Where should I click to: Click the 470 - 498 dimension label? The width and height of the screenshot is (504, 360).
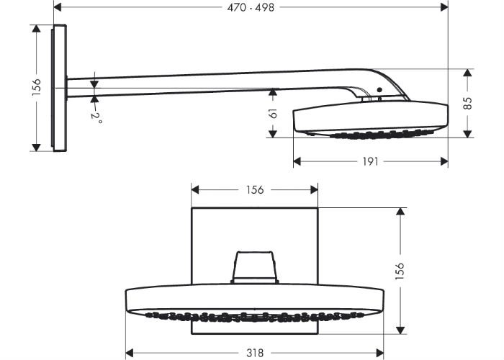pyautogui.click(x=251, y=7)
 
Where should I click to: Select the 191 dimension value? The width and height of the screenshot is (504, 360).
pyautogui.click(x=370, y=161)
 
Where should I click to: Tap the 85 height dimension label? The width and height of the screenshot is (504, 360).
pyautogui.click(x=468, y=103)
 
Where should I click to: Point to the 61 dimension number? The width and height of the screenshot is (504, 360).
pyautogui.click(x=273, y=113)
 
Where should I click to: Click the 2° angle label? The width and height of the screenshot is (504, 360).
pyautogui.click(x=96, y=117)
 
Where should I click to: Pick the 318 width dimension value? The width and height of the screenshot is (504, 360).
pyautogui.click(x=255, y=353)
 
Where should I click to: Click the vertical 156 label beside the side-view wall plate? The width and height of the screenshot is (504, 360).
pyautogui.click(x=37, y=87)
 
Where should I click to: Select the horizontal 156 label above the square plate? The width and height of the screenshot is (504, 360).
pyautogui.click(x=255, y=189)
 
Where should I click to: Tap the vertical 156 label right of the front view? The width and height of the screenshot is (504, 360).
pyautogui.click(x=400, y=271)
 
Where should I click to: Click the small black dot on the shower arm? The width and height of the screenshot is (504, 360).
pyautogui.click(x=379, y=90)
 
